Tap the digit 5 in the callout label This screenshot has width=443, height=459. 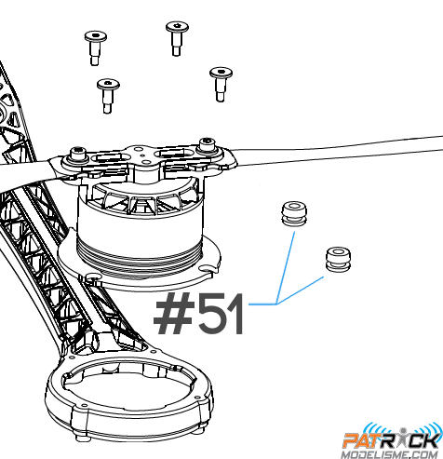(210, 314)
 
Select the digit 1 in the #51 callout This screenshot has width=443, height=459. (235, 314)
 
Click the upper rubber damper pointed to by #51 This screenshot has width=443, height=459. (295, 213)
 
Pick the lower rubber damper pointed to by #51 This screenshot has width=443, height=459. (339, 260)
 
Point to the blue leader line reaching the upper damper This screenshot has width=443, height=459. (286, 267)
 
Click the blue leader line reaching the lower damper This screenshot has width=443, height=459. (300, 290)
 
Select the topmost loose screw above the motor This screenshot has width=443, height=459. (177, 38)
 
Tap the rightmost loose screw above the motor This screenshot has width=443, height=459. (221, 84)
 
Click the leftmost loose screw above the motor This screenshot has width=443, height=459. (95, 47)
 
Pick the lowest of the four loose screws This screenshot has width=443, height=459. (108, 96)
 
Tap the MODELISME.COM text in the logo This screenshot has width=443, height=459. (392, 454)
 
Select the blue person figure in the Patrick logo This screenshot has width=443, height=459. (403, 437)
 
